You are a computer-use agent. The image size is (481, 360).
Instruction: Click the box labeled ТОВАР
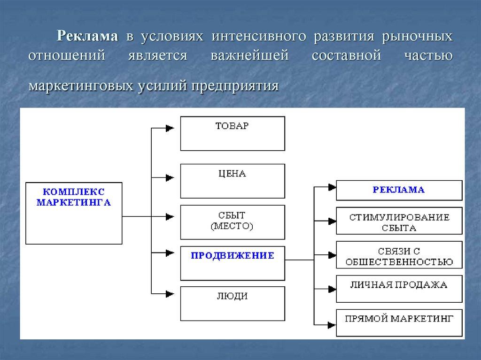tap(233, 133)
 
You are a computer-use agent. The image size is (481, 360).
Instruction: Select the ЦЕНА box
tap(233, 181)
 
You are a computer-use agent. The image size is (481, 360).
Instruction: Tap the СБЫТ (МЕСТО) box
tap(233, 222)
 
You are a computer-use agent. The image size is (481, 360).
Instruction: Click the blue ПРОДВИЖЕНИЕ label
tap(232, 255)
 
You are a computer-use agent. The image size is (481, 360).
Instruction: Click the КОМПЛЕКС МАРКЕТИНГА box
tap(74, 213)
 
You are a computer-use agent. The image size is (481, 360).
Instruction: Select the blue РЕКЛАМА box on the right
tap(399, 190)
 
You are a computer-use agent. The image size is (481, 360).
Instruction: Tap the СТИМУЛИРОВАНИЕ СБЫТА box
tap(399, 222)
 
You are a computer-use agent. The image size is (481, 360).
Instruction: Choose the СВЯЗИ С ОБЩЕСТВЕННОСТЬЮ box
tap(399, 256)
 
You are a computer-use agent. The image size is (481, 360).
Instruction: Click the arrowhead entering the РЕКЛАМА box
tap(332, 187)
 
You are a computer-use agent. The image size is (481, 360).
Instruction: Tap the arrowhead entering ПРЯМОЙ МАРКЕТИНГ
tap(332, 323)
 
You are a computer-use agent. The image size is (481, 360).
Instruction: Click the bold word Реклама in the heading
tap(87, 36)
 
